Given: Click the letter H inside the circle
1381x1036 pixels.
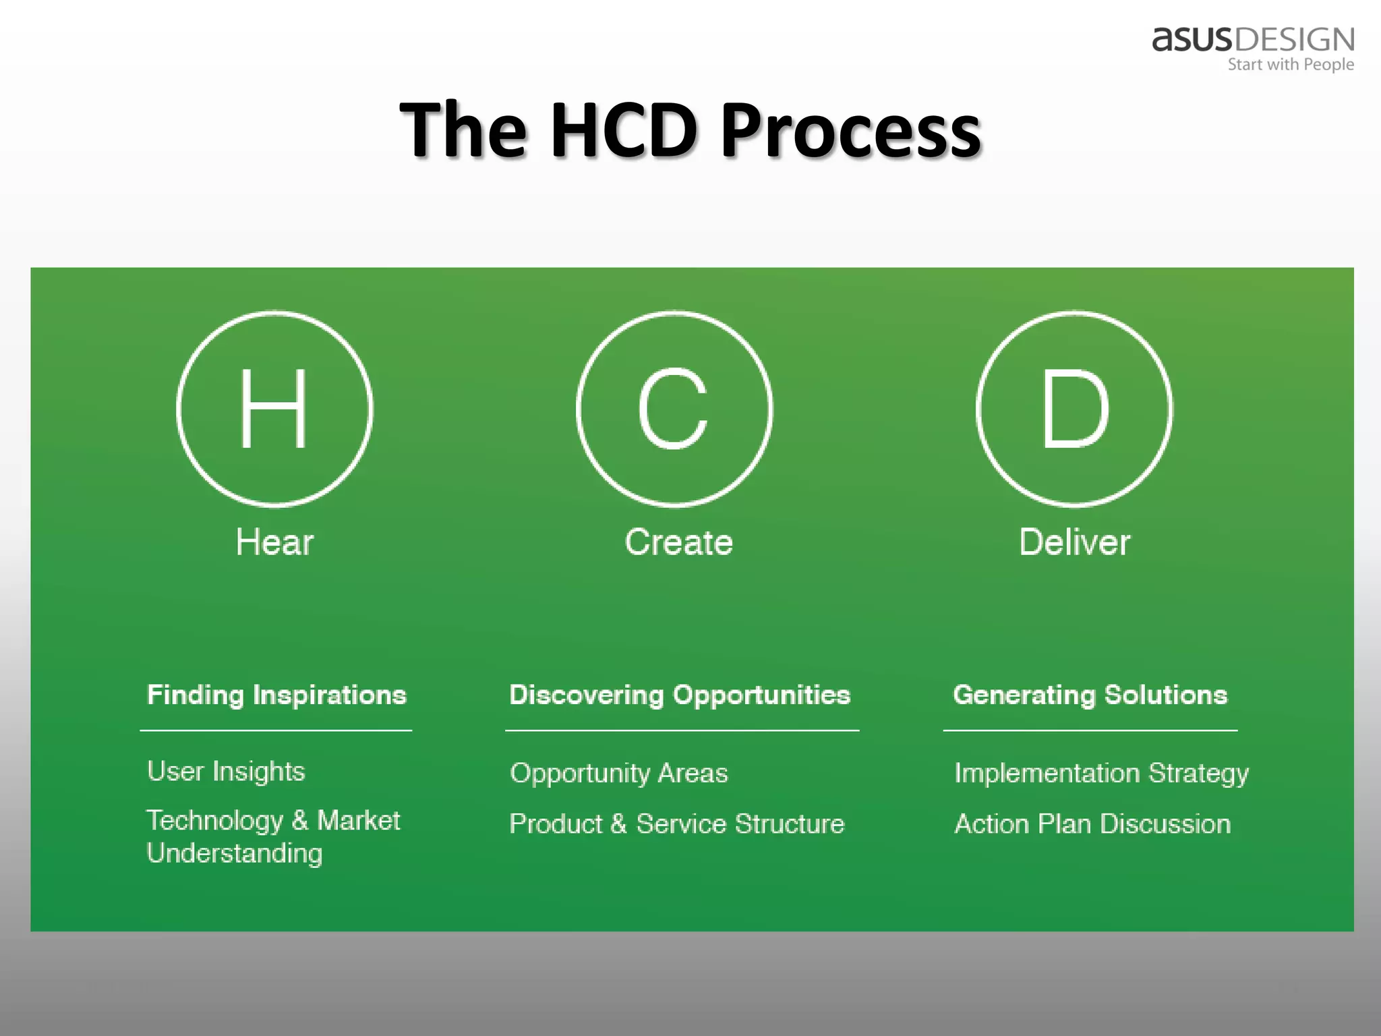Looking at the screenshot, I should [x=274, y=409].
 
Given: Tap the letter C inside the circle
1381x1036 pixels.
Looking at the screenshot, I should [x=674, y=409].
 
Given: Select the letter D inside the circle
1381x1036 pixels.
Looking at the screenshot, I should [x=1074, y=409].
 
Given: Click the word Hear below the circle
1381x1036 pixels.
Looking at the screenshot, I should [x=274, y=542].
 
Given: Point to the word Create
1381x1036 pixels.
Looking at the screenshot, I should [x=678, y=542].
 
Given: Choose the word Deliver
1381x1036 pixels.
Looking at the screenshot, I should [x=1074, y=542].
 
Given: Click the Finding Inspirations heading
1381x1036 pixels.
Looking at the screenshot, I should [x=276, y=695].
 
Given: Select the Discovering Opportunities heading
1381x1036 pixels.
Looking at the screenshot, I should [x=680, y=695].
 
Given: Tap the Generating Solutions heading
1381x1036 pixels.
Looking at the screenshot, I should [x=1090, y=695].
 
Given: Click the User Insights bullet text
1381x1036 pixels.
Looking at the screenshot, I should [x=226, y=772].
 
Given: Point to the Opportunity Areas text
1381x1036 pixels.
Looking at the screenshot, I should [x=618, y=773].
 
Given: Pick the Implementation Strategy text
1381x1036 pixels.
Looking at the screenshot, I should [x=1101, y=773].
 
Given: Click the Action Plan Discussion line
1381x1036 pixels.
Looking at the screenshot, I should [x=1092, y=824].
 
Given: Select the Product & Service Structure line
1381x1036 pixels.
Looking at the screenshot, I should [x=676, y=824].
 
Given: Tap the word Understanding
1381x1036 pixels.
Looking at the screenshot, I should [x=235, y=854].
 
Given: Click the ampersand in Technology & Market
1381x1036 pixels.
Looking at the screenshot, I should [x=300, y=821].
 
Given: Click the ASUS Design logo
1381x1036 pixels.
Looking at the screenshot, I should [x=1253, y=40].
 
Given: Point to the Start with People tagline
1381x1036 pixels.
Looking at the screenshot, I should [x=1290, y=65].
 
